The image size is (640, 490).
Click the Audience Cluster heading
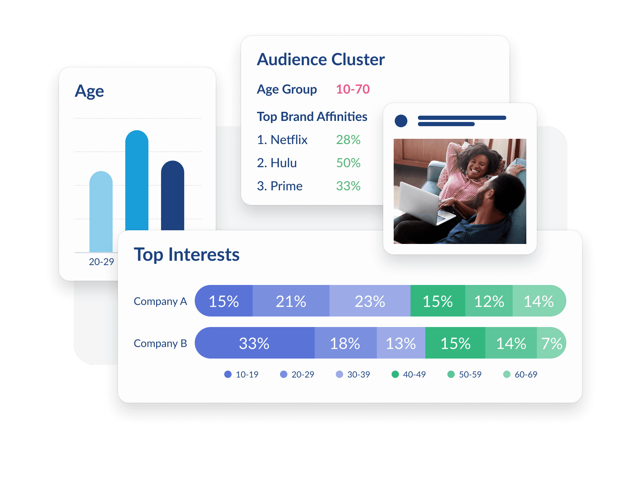click(321, 60)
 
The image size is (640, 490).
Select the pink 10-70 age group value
click(353, 89)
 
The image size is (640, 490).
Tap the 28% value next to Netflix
click(348, 140)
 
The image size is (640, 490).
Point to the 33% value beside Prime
click(348, 186)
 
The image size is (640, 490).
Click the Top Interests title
click(187, 254)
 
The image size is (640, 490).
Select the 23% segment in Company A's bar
click(370, 301)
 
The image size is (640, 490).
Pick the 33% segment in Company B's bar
click(254, 343)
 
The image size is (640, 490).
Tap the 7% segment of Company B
click(552, 343)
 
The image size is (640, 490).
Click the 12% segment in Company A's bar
click(489, 301)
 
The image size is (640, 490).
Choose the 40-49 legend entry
click(409, 374)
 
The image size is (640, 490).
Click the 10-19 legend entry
click(241, 374)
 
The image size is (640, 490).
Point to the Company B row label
click(160, 343)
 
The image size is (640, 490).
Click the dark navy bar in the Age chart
click(173, 196)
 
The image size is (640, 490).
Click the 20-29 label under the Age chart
click(101, 262)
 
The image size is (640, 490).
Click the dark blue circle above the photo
click(401, 121)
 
